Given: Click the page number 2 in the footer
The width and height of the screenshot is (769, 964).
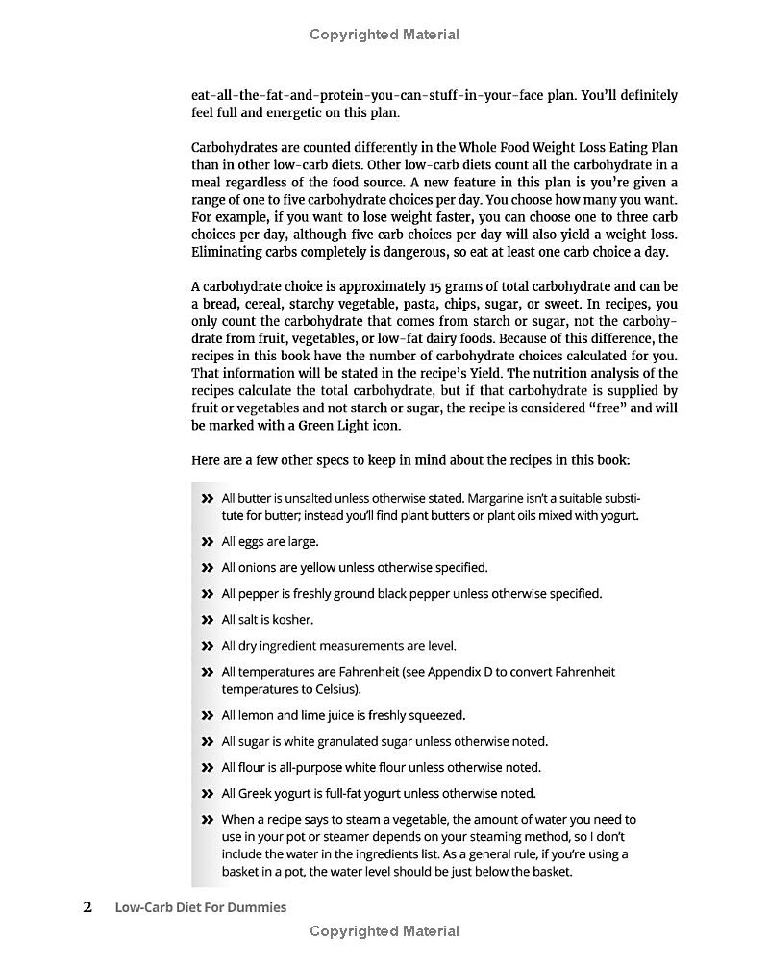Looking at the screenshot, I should tap(87, 906).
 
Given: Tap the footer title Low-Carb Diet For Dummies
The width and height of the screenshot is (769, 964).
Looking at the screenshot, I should tap(200, 907).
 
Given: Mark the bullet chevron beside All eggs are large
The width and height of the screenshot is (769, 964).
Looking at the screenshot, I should tap(207, 542).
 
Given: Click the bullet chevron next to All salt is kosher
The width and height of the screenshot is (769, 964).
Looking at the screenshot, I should tap(207, 620).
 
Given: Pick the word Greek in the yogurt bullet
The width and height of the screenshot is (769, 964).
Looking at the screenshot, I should tap(257, 793).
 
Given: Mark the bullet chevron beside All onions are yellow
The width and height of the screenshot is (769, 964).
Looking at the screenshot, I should tap(207, 568).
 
